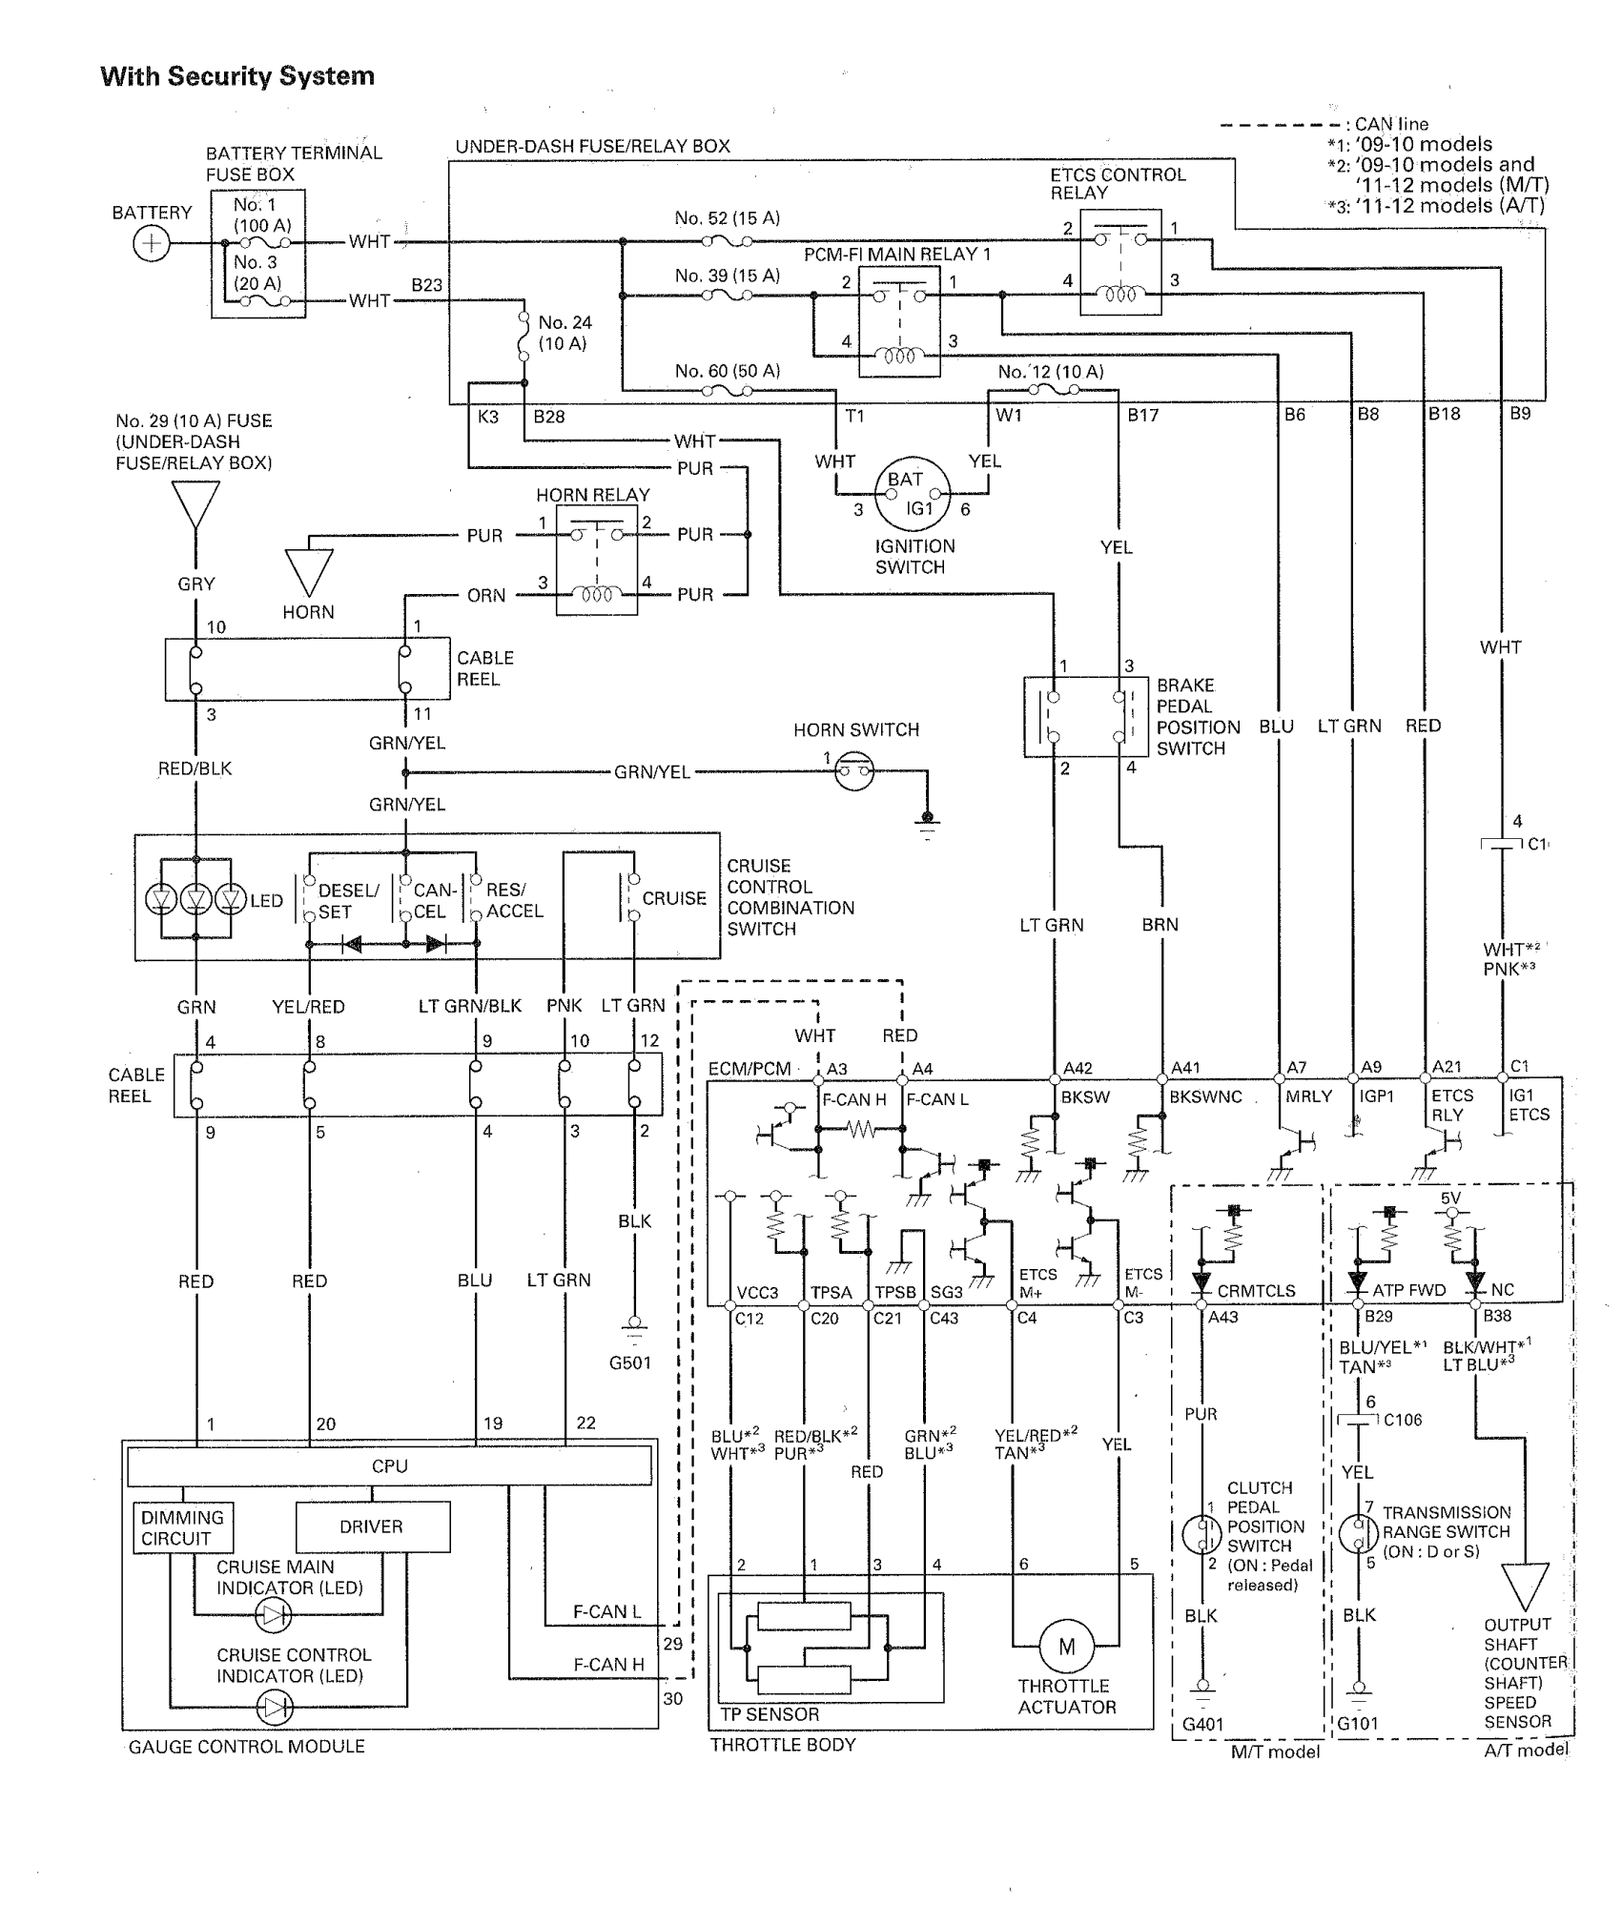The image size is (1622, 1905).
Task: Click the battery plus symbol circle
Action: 151,244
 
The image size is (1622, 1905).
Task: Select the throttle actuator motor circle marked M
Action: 1066,1646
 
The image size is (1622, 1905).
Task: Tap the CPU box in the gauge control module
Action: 389,1465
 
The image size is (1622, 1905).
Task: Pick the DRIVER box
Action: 372,1526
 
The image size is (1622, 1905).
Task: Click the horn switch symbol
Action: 853,771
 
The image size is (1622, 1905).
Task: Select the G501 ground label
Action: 630,1362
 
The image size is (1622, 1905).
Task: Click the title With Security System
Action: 237,76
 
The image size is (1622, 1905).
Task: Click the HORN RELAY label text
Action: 592,495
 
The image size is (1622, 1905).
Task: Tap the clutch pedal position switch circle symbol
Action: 1201,1534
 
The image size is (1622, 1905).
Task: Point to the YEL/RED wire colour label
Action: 308,1007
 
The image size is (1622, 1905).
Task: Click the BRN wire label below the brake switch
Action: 1160,924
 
